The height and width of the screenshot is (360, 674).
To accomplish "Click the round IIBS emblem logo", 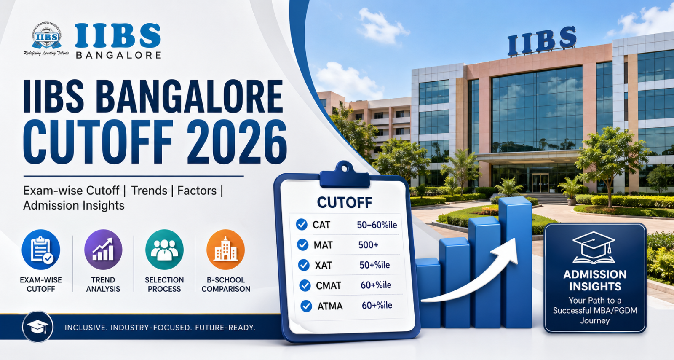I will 46,38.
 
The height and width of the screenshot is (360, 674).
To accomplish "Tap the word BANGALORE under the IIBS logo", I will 119,55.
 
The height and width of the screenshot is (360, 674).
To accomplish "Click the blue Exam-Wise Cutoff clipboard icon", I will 41,250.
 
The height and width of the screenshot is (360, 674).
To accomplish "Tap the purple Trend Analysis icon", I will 103,250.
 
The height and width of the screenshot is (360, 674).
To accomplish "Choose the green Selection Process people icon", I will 164,250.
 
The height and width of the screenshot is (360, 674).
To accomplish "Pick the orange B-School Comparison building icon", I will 226,250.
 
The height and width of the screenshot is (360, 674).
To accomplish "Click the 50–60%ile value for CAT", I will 377,225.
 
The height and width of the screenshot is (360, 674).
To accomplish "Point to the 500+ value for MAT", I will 368,245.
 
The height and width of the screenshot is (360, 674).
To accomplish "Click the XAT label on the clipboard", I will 324,266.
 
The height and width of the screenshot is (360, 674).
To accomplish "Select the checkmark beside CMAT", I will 305,285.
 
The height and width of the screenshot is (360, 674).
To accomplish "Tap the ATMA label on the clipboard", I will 330,306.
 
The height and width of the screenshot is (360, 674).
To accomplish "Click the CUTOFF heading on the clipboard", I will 344,203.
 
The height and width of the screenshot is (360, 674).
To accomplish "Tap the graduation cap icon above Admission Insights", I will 594,247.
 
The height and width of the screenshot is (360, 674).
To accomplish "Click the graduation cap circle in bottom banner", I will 37,327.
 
